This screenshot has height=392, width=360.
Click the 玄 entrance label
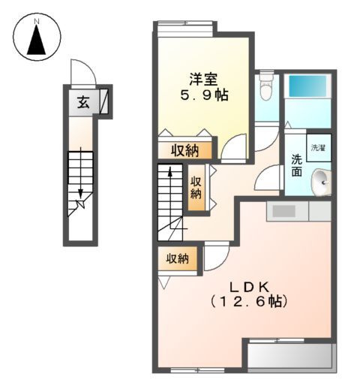pos(84,102)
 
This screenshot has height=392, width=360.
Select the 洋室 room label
pos(202,78)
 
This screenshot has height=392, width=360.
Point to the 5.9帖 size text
pos(203,95)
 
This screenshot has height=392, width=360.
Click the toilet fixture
pos(265,90)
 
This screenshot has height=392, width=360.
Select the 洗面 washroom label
pos(296,165)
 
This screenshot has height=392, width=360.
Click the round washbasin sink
pos(320,180)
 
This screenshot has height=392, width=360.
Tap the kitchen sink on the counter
pos(286,212)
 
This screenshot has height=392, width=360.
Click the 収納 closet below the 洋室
pos(184,149)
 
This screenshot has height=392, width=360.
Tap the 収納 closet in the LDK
pos(177,258)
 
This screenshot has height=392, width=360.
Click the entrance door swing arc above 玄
pos(82,74)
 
